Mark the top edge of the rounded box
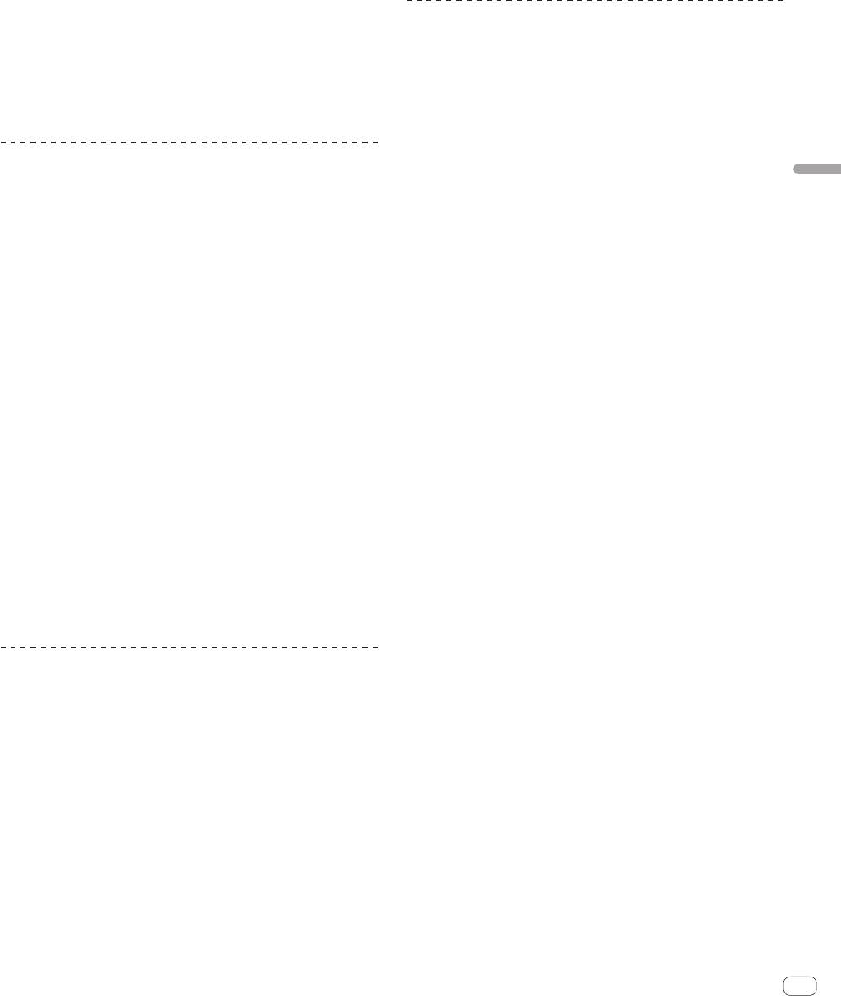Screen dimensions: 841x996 tap(800, 975)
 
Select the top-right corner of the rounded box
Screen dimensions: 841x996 tap(814, 977)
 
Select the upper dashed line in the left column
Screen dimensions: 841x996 tap(188, 142)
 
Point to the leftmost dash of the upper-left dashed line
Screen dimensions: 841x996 tap(3, 142)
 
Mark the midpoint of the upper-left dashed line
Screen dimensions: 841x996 tap(188, 142)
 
